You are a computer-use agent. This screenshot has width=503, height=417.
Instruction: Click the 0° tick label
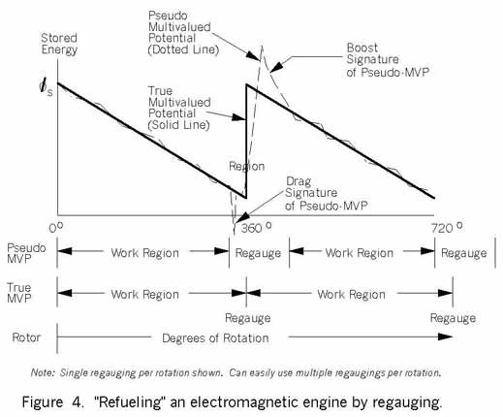click(x=56, y=228)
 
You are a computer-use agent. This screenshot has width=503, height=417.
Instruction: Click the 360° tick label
click(x=256, y=228)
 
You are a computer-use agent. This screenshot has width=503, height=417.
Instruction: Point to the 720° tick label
click(x=447, y=228)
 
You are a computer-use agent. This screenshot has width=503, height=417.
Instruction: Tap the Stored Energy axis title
click(x=59, y=44)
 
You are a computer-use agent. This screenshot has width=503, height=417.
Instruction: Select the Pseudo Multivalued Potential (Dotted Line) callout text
click(x=183, y=33)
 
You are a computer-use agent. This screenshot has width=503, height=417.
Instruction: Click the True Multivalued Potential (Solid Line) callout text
click(x=179, y=108)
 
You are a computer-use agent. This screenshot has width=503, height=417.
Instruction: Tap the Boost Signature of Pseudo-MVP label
click(x=388, y=60)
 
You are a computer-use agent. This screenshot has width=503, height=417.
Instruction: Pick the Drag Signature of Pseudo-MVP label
click(x=327, y=193)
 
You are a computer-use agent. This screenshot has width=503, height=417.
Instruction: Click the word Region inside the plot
click(x=246, y=166)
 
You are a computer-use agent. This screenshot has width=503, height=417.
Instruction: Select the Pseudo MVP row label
click(x=26, y=253)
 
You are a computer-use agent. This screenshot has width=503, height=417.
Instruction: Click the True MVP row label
click(x=19, y=293)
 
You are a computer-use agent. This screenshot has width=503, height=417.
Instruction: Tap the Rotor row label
click(x=26, y=337)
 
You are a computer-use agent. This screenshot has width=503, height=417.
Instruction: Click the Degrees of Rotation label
click(x=215, y=338)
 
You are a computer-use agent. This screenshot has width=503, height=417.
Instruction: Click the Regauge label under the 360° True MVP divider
click(x=248, y=318)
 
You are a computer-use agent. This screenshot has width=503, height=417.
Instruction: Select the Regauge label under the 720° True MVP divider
click(x=453, y=318)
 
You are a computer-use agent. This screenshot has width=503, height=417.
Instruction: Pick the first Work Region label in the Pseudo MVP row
click(x=145, y=253)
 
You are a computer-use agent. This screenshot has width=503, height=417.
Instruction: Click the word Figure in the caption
click(x=42, y=402)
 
